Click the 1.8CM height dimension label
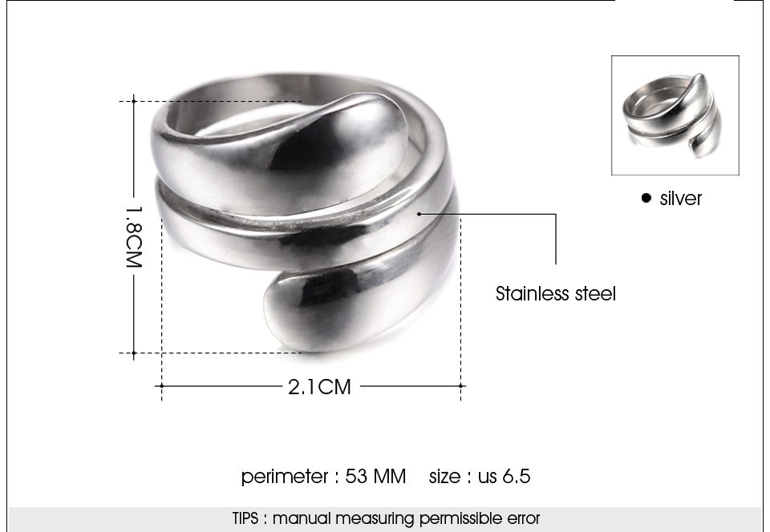(x=134, y=237)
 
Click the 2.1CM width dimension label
(x=320, y=387)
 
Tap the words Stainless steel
(x=555, y=294)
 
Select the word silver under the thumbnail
(x=681, y=199)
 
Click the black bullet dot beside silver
(x=646, y=198)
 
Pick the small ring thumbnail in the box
(x=672, y=115)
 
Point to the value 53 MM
(x=375, y=476)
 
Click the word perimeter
(x=284, y=477)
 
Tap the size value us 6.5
(x=505, y=476)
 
